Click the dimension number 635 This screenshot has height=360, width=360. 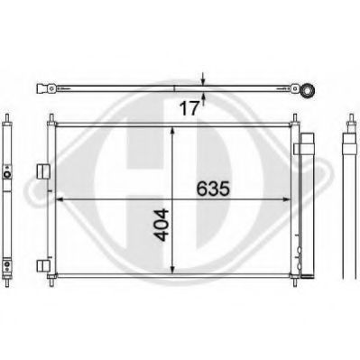coord(213,189)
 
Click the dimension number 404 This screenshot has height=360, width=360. coord(162,225)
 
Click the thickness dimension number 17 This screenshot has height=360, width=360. coord(189,108)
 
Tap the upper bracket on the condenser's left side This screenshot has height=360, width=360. coord(42,171)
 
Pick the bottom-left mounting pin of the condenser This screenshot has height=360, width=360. coord(51,282)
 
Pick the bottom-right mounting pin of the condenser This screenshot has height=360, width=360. coord(295,282)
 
